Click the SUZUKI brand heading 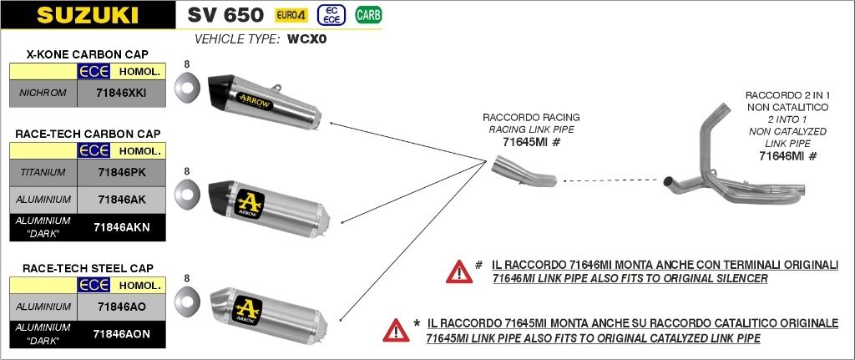point(87,16)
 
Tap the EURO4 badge point(291,15)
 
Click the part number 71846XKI point(121,93)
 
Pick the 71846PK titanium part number point(121,173)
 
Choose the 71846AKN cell point(121,226)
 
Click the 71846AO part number point(121,307)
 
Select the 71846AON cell point(121,333)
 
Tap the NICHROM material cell point(43,93)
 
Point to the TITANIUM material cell point(43,173)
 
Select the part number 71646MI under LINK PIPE point(782,156)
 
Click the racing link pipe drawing point(523,177)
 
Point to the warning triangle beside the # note point(459,271)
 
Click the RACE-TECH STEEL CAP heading point(88,268)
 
